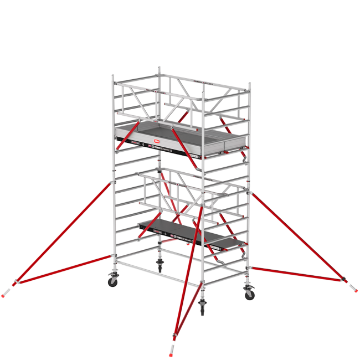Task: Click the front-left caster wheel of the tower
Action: [113, 281]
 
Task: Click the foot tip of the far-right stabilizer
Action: [353, 287]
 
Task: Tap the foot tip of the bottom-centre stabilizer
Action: [171, 352]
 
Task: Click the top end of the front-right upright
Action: [250, 85]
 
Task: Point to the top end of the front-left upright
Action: [113, 75]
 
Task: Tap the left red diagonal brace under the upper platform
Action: [121, 138]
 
